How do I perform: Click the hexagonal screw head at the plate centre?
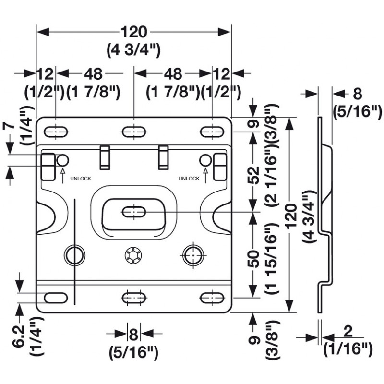(133, 255)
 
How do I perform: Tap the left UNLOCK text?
(81, 179)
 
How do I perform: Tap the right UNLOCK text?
(189, 179)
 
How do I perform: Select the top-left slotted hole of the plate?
(56, 132)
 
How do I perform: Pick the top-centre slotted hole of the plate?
(134, 132)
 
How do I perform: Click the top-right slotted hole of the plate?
(212, 132)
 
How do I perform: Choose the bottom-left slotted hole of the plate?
(56, 298)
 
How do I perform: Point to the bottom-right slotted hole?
(212, 298)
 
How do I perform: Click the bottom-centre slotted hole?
(134, 298)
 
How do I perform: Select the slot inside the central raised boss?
(134, 212)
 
